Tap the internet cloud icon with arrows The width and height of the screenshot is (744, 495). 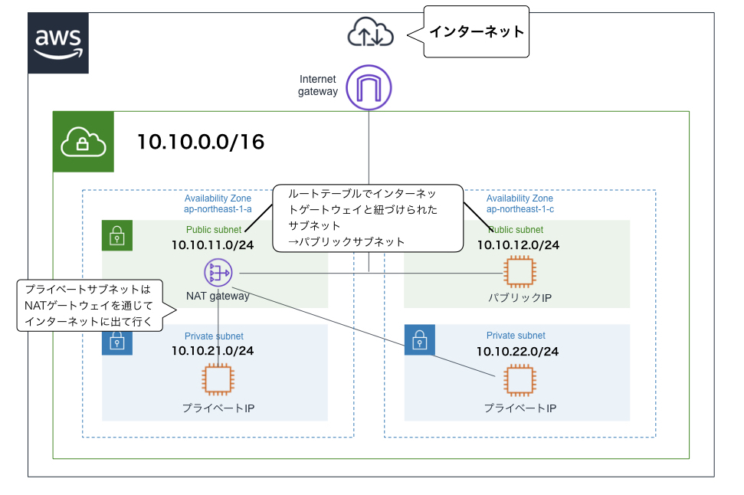(x=370, y=32)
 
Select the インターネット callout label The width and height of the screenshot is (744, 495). (x=477, y=32)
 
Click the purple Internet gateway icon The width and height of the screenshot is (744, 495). (x=369, y=84)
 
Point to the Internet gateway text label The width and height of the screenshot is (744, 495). (x=318, y=85)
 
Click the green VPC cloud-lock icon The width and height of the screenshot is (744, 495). (x=83, y=142)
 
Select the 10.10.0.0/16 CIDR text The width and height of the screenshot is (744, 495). (x=201, y=142)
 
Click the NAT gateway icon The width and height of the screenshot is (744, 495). (x=218, y=272)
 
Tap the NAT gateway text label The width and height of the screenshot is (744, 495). (x=218, y=296)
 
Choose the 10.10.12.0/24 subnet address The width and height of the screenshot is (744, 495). (x=518, y=244)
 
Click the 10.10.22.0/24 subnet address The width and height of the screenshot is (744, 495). (x=517, y=351)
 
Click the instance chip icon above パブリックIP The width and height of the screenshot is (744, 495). (x=518, y=272)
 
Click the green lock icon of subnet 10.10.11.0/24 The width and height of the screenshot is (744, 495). (x=117, y=236)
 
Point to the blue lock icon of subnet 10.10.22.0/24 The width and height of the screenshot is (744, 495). (x=419, y=340)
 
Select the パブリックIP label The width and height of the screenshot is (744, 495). (x=519, y=297)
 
